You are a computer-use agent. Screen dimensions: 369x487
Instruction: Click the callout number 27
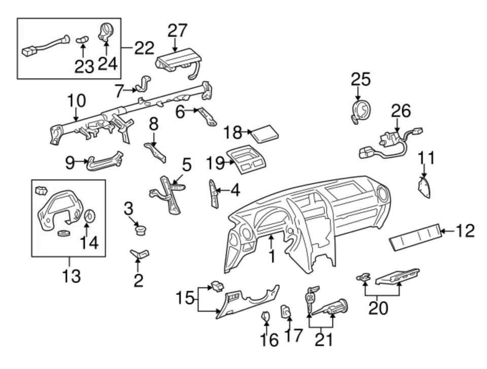coord(178,30)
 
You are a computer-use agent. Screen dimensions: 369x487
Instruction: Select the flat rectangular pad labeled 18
coord(266,135)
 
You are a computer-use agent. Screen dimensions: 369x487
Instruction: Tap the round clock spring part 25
coord(361,110)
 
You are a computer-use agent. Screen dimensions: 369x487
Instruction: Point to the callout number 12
coord(465,231)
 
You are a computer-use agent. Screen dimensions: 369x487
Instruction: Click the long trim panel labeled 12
coord(413,237)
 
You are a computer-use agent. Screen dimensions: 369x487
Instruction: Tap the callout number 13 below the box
coord(71,276)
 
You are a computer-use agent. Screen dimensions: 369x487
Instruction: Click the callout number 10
coord(76,100)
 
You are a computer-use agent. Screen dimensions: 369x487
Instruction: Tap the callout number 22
coord(144,49)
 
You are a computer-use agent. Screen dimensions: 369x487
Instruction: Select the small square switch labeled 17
coord(286,311)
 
